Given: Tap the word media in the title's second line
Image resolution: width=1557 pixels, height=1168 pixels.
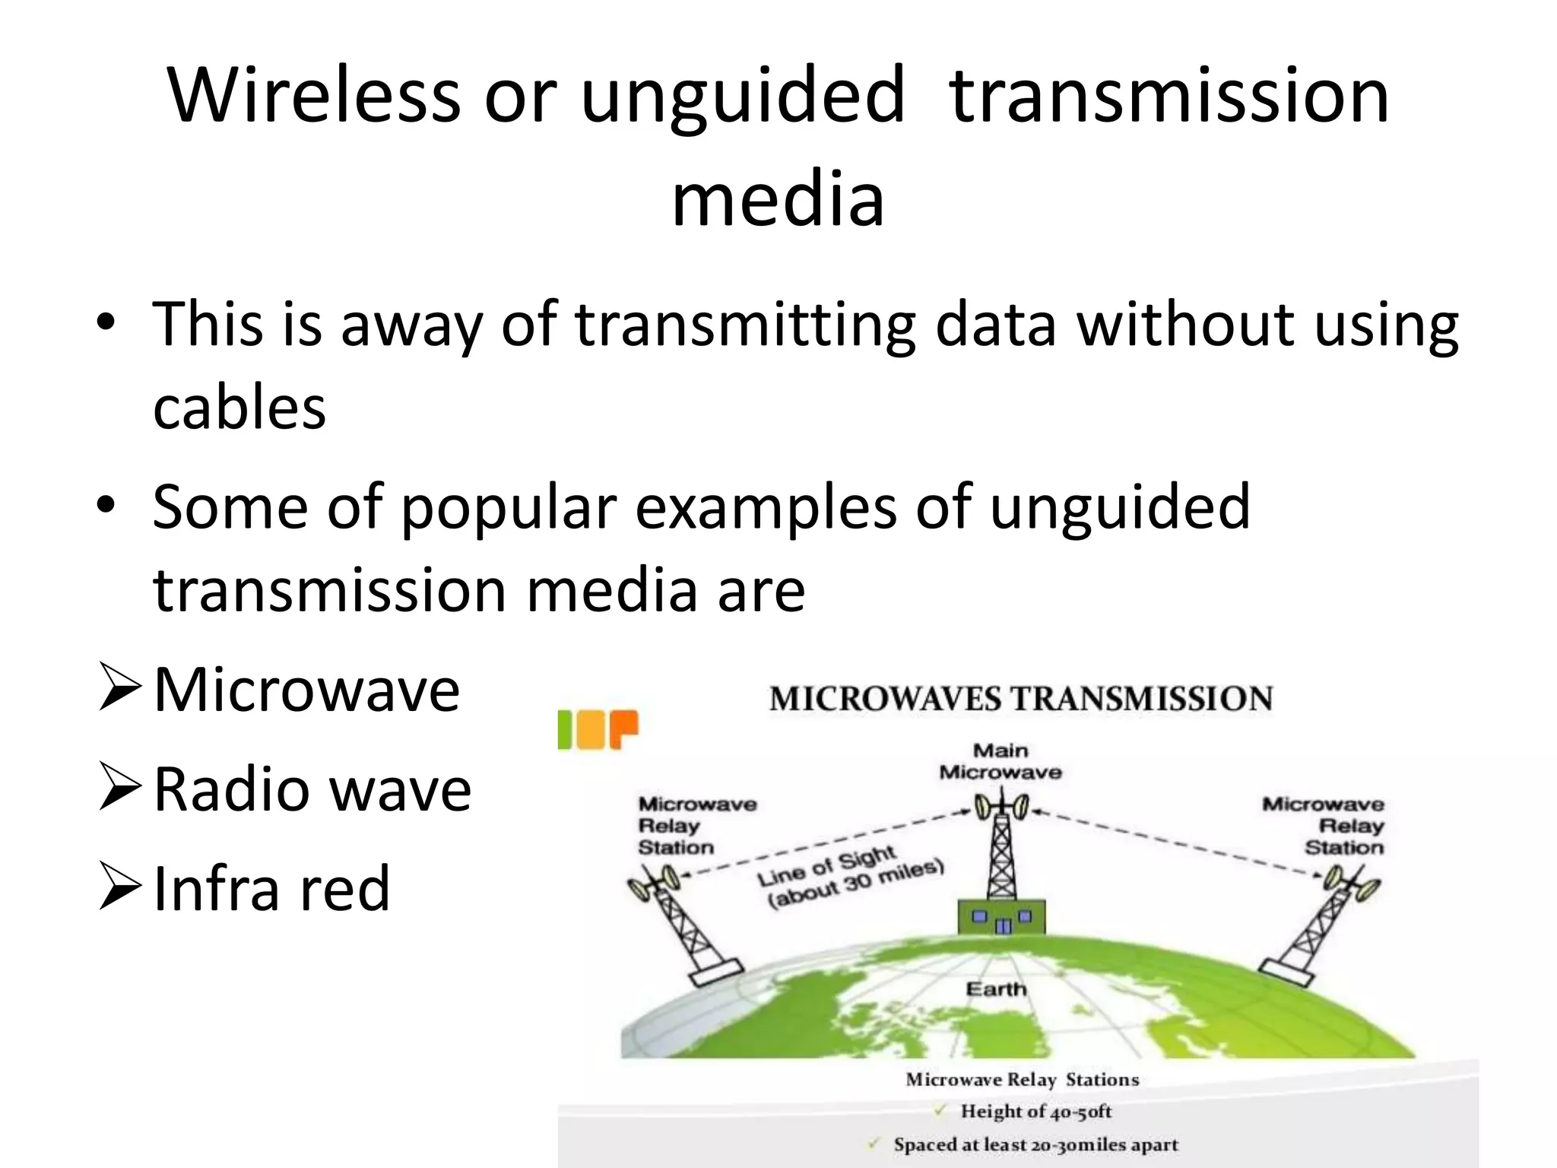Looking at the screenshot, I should coord(778,200).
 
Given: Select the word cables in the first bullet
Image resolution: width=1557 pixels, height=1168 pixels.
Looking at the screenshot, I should coord(239,407).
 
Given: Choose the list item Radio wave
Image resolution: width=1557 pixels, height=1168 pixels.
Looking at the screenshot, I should coord(312,789).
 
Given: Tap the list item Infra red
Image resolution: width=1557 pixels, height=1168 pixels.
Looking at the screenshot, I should coord(271,888).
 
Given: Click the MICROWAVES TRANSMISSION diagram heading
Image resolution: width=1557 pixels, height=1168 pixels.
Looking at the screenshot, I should coord(1020,699).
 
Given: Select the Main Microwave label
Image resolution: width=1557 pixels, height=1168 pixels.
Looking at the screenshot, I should coord(1000,761).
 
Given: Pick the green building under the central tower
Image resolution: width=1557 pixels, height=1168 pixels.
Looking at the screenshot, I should coord(1002,916).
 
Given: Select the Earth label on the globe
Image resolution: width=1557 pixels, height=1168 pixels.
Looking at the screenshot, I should coord(996,989).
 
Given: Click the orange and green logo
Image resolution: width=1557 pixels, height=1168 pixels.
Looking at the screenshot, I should coord(598,729).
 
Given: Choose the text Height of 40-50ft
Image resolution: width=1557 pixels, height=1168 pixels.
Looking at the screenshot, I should coord(1035,1112).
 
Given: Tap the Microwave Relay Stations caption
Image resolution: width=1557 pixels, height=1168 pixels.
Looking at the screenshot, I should coord(1022,1080).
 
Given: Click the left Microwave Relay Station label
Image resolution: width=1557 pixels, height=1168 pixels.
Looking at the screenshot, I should coord(696,826).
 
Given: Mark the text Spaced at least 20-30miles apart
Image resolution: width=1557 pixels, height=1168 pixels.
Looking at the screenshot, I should coord(1035,1144).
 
